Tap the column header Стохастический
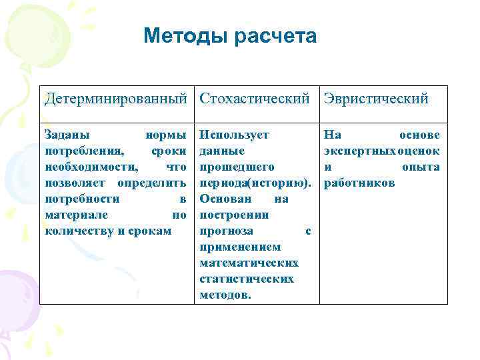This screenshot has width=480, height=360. pos(255,99)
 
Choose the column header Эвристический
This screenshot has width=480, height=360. pos(376,99)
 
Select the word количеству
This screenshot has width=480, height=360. pos(82,231)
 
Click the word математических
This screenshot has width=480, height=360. pos(249,263)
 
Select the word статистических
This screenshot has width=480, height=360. pos(247,279)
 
